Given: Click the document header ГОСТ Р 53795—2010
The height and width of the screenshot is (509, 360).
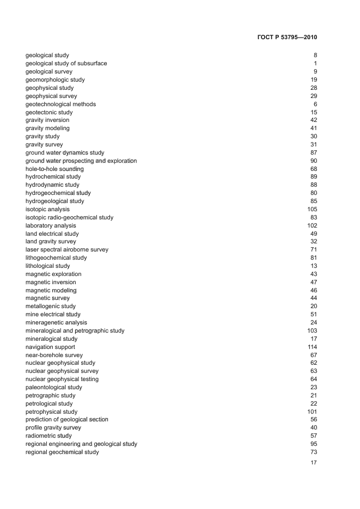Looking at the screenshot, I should click(x=286, y=38).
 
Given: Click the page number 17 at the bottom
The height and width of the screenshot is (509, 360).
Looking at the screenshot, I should click(x=313, y=463).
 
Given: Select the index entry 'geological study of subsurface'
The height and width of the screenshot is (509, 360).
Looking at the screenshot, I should click(x=66, y=63).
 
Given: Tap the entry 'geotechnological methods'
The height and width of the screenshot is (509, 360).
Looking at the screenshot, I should click(x=60, y=104).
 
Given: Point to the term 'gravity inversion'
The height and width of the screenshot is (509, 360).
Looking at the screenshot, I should click(x=47, y=120).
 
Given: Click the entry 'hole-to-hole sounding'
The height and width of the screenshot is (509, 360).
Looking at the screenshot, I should click(x=54, y=169).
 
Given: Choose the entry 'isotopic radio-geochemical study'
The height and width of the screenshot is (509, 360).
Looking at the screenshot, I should click(x=70, y=217).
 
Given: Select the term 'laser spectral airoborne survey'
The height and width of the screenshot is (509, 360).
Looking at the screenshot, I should click(x=67, y=249).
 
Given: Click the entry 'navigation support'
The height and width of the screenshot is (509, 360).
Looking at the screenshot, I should click(x=50, y=347).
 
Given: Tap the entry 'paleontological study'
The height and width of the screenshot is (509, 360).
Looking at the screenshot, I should click(x=54, y=387).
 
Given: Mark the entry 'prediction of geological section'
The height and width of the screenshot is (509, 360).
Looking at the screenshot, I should click(x=67, y=419).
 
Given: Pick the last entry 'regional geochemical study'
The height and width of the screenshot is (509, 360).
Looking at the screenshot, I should click(x=62, y=452).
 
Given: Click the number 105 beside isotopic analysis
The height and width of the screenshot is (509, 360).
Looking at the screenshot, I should click(x=312, y=209).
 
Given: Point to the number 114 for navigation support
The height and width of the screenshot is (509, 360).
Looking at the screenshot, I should click(x=312, y=347).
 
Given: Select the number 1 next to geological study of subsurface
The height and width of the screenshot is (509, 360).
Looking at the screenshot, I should click(x=315, y=63).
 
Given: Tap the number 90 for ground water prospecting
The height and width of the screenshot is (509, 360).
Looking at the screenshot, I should click(x=314, y=161).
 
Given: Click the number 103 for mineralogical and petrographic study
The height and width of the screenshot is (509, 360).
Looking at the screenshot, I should click(x=312, y=330).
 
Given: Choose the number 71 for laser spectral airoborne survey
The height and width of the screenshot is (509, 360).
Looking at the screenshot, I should click(x=314, y=249).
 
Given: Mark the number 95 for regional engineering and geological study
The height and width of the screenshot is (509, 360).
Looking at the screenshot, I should click(x=314, y=444).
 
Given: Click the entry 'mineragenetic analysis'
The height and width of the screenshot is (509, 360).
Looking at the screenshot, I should click(x=56, y=322).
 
